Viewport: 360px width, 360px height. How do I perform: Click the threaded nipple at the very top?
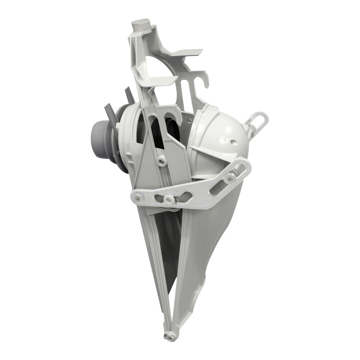(139, 26)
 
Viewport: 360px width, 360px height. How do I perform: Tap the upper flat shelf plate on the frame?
(187, 53)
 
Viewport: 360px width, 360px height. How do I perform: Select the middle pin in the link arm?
(167, 199)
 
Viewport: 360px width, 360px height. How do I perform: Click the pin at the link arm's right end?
(229, 177)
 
